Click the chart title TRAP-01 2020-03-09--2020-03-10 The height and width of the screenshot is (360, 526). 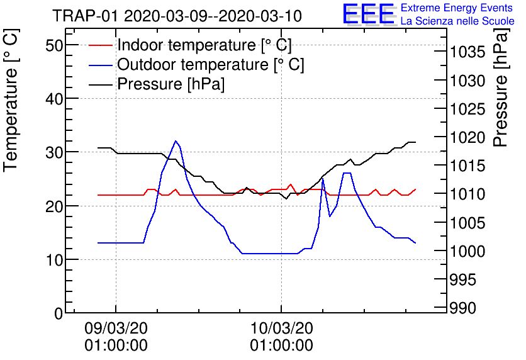point(177,16)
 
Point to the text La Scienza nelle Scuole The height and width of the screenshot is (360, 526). point(457,21)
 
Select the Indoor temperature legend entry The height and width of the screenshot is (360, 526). point(204,45)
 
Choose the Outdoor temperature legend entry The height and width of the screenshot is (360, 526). point(210,65)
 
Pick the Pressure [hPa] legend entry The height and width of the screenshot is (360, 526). point(171,84)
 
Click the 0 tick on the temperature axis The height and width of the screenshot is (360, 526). point(58,313)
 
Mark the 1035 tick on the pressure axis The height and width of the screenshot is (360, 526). point(468,52)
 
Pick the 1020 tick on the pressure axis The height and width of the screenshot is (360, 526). point(468,137)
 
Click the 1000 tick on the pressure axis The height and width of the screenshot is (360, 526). point(468,251)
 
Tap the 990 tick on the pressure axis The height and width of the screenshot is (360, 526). point(464,308)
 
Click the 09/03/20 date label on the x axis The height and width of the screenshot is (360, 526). point(116,329)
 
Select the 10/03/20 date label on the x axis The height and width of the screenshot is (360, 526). point(281,329)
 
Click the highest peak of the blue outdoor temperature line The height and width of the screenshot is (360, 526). point(176,141)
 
